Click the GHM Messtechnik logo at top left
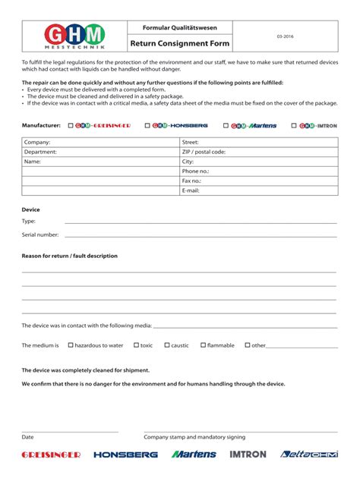tap(74, 36)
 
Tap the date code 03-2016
tap(285, 36)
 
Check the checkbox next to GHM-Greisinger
tap(71, 125)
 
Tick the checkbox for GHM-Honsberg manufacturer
tap(147, 125)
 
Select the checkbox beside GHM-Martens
tap(226, 125)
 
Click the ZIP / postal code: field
tap(258, 152)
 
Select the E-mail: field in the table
tap(258, 191)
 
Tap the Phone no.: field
tap(258, 171)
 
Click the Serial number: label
tap(40, 234)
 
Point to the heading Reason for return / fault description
tap(70, 256)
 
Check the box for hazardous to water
tap(71, 345)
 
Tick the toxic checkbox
tap(136, 345)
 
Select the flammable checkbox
tap(203, 345)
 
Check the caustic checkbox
tap(166, 345)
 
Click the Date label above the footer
tap(27, 437)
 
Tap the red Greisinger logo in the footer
tap(51, 454)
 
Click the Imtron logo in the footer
tap(248, 454)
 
